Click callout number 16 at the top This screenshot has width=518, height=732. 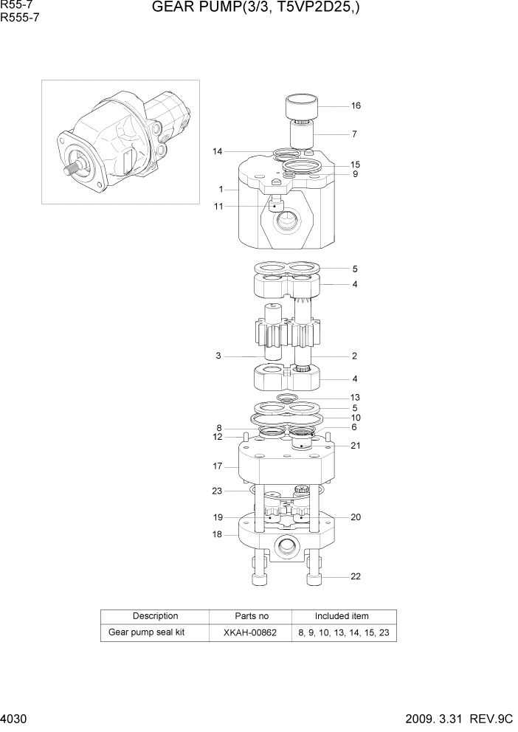356,106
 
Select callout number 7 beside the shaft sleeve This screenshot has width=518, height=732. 354,134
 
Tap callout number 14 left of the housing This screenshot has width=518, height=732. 217,152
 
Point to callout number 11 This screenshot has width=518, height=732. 218,207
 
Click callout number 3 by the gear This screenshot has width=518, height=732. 218,356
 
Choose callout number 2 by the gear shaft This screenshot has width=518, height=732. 354,356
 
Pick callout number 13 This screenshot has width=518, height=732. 355,397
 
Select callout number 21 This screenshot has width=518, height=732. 355,446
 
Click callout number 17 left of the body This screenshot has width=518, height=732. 218,466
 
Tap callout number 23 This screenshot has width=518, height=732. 217,491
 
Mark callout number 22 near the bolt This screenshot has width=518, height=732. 355,576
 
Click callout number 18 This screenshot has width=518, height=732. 218,534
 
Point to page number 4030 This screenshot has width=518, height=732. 14,718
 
